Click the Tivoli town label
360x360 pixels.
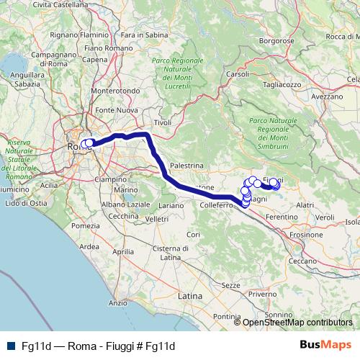pyautogui.click(x=163, y=123)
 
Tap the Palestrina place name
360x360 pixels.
pyautogui.click(x=188, y=165)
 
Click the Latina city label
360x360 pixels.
pyautogui.click(x=191, y=296)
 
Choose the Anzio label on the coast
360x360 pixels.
pyautogui.click(x=117, y=303)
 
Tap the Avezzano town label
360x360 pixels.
pyautogui.click(x=328, y=96)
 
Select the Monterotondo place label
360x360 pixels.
pyautogui.click(x=112, y=91)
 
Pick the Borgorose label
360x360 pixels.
pyautogui.click(x=278, y=42)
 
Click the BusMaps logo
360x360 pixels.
pyautogui.click(x=325, y=345)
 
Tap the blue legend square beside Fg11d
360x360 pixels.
pyautogui.click(x=9, y=346)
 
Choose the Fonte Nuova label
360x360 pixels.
pyautogui.click(x=117, y=109)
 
